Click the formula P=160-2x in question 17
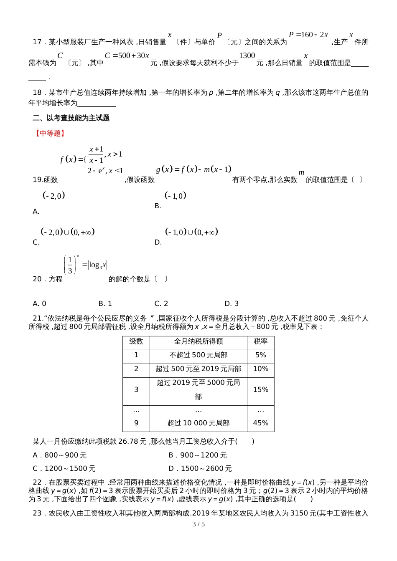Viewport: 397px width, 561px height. pyautogui.click(x=308, y=35)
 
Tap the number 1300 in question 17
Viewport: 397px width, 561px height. pyautogui.click(x=247, y=56)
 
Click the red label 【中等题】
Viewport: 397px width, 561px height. pyautogui.click(x=50, y=133)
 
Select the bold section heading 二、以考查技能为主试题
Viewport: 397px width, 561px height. pyautogui.click(x=71, y=118)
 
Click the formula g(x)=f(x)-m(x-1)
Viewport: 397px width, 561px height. pyautogui.click(x=193, y=169)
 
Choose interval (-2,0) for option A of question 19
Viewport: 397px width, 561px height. pyautogui.click(x=54, y=195)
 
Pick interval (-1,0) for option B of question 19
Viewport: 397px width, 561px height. pyautogui.click(x=176, y=195)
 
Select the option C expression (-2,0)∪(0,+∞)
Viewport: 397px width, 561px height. pyautogui.click(x=68, y=232)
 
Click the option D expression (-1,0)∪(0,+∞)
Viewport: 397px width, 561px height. pyautogui.click(x=192, y=232)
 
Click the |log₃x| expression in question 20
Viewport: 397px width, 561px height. pyautogui.click(x=98, y=265)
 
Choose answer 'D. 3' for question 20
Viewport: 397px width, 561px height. pyautogui.click(x=232, y=303)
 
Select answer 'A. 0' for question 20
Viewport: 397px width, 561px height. pyautogui.click(x=39, y=303)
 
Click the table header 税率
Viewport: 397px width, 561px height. pyautogui.click(x=260, y=341)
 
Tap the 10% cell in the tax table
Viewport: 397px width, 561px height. pyautogui.click(x=260, y=369)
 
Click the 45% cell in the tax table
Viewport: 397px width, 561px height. pyautogui.click(x=260, y=423)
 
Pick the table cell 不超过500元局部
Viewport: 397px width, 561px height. pyautogui.click(x=198, y=355)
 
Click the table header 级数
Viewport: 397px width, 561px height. pyautogui.click(x=136, y=341)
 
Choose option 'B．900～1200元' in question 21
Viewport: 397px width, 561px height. pyautogui.click(x=197, y=455)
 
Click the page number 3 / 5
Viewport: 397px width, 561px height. pyautogui.click(x=198, y=524)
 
